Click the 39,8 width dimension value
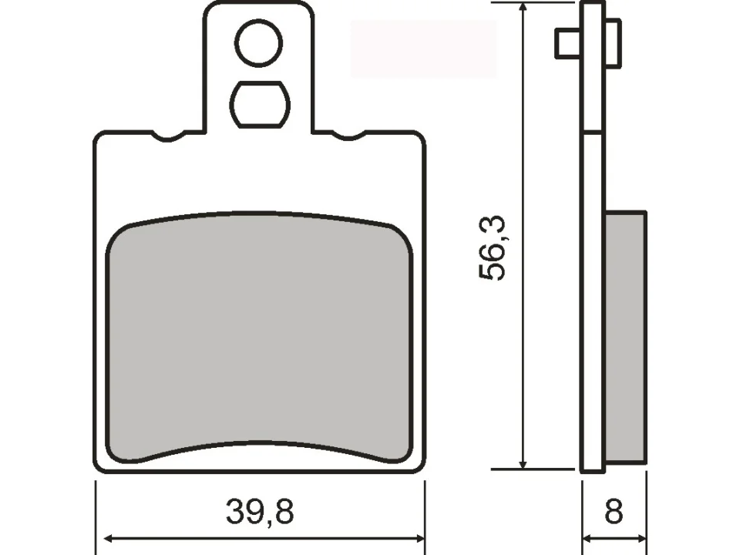tap(260, 511)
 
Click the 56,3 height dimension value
tap(492, 248)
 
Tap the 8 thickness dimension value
tap(614, 511)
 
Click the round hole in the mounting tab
tap(259, 43)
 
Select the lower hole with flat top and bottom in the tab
tap(259, 104)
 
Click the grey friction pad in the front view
tap(259, 337)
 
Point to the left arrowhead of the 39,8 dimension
tap(109, 538)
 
